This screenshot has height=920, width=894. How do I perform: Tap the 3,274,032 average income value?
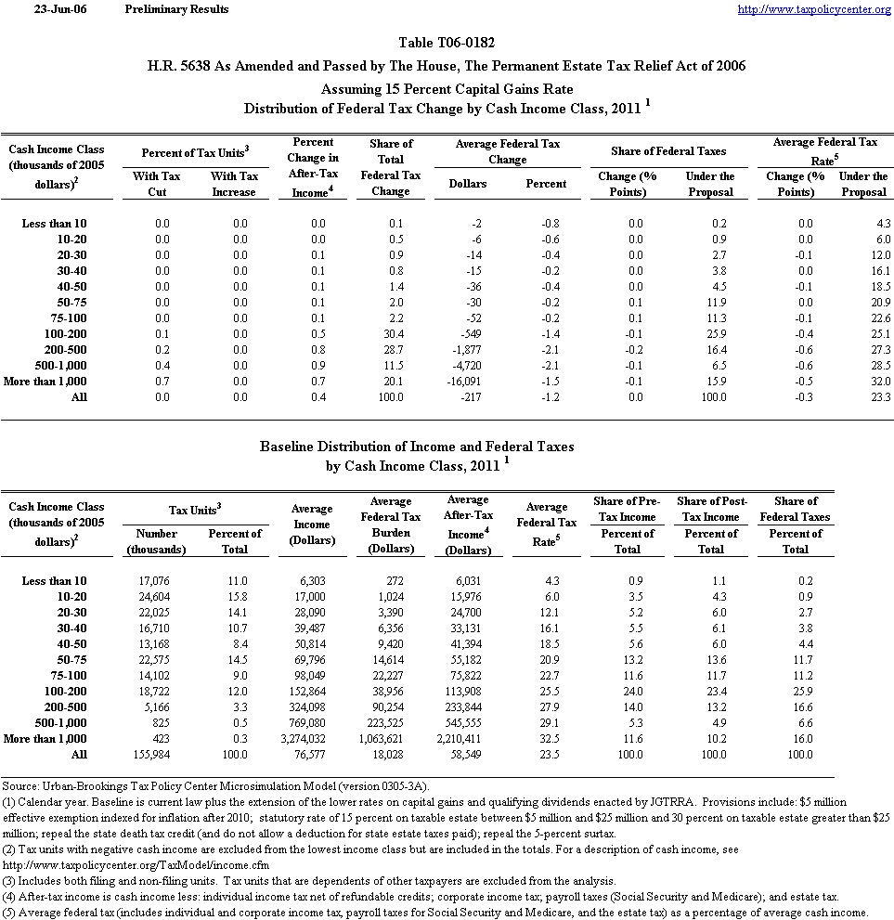click(311, 739)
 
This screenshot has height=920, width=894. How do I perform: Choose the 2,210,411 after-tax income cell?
click(467, 739)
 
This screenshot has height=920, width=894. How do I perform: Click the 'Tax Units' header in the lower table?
click(196, 510)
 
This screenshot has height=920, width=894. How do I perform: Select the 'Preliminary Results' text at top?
click(176, 9)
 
